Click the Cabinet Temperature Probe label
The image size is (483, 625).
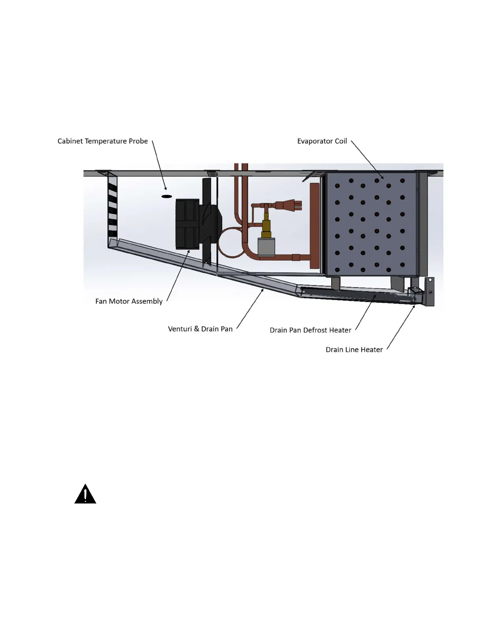coord(103,141)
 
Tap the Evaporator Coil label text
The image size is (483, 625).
coord(322,141)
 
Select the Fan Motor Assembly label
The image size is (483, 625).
coord(129,301)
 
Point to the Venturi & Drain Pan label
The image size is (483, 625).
coord(200,329)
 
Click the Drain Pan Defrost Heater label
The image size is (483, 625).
coord(310,330)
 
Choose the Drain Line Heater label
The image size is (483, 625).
coord(354,350)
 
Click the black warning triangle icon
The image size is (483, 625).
coord(85,494)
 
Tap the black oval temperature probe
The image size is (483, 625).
coord(167,196)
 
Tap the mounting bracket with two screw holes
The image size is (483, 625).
coord(429,292)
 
